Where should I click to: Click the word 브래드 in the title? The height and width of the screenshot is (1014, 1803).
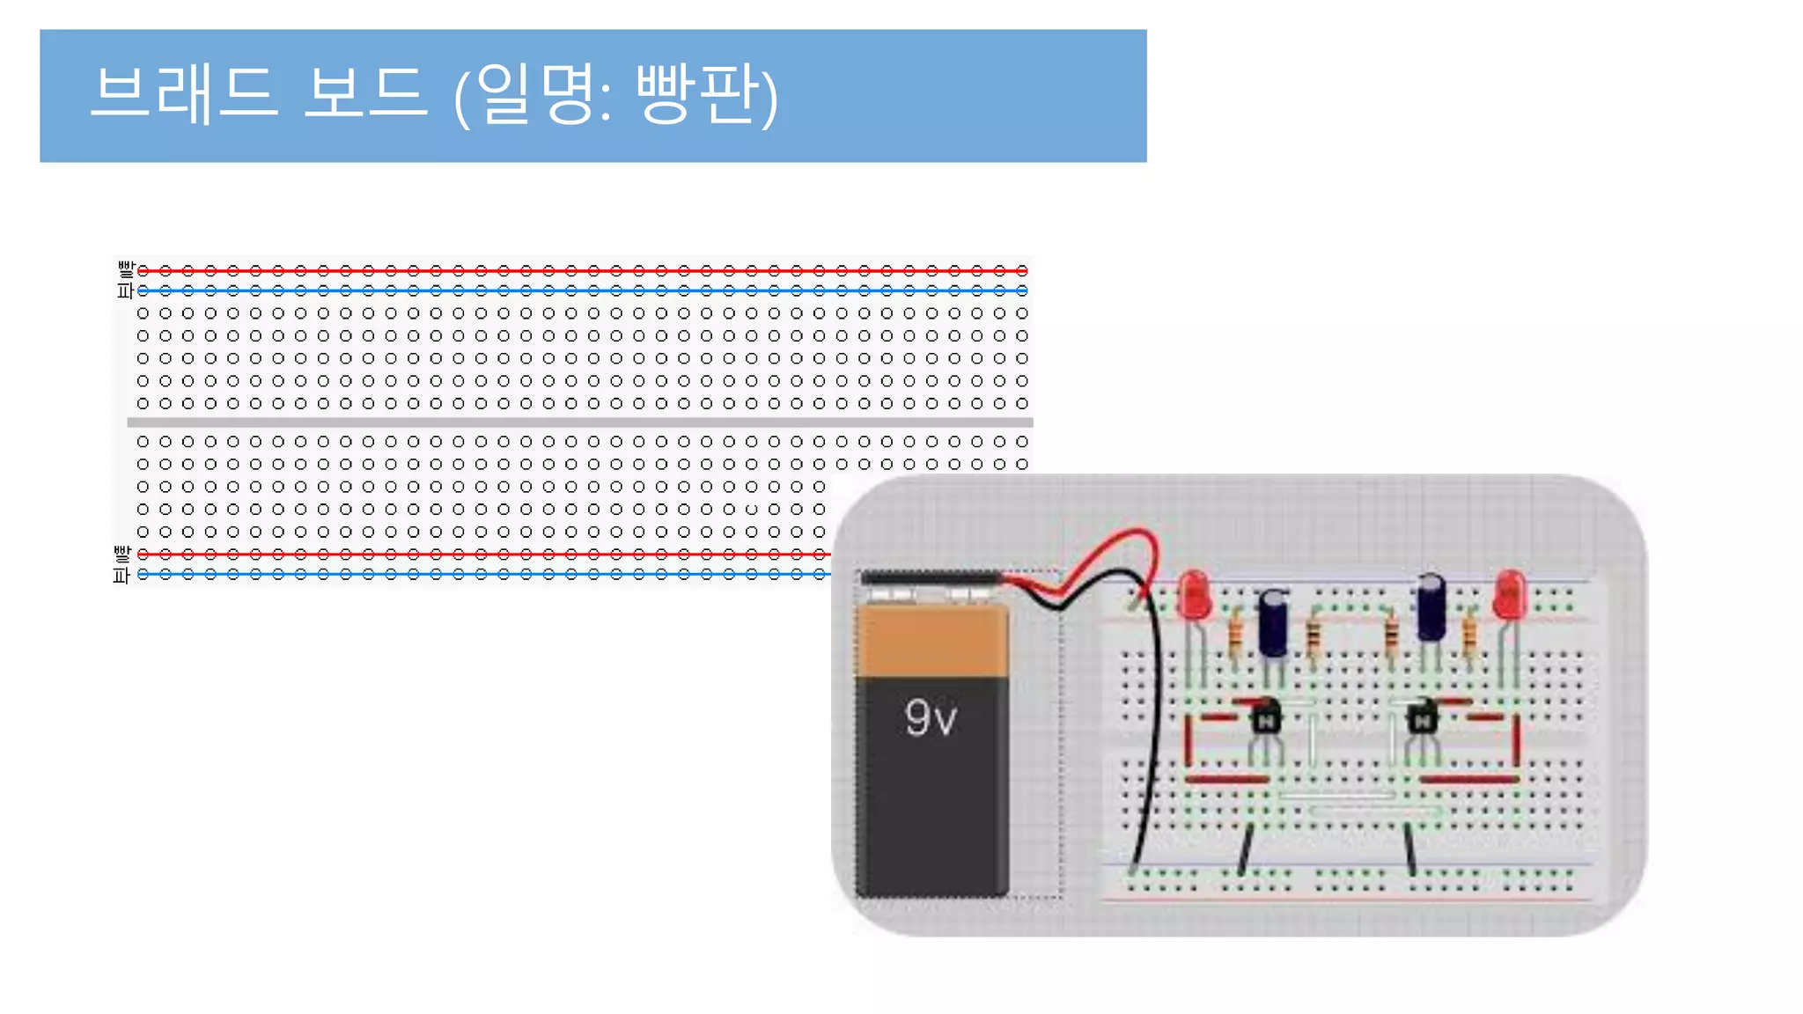(184, 92)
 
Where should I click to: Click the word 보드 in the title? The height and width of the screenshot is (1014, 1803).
(365, 92)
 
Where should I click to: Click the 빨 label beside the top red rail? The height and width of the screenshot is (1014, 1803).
(126, 268)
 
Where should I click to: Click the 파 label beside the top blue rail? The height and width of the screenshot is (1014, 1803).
(125, 290)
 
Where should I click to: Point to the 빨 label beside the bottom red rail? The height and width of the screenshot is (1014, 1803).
(121, 553)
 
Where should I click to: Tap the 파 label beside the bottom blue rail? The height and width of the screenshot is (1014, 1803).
(121, 576)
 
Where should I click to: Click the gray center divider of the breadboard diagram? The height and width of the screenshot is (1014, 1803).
(579, 422)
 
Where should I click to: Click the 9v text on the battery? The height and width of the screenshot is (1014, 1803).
(930, 717)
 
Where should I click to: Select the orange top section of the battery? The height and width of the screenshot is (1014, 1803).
(932, 641)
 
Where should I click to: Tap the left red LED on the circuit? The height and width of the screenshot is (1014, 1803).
(1194, 595)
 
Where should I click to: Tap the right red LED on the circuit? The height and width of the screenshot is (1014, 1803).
(1509, 593)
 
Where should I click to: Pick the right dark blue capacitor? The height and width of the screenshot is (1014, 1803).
(1431, 607)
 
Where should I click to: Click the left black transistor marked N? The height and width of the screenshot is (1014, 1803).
(1266, 716)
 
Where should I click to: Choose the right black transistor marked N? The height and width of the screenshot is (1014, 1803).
(1421, 716)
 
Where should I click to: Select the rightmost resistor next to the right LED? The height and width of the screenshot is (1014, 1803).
(1468, 634)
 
